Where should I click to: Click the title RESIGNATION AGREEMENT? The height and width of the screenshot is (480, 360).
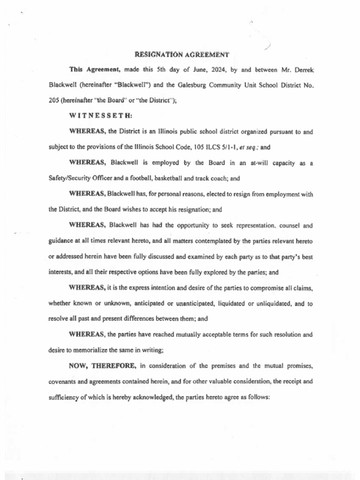(x=182, y=54)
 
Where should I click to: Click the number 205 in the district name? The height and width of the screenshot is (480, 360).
(x=54, y=100)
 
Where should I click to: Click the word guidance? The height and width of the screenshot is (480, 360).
(x=62, y=241)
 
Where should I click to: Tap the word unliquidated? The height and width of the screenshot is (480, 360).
(x=272, y=303)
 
